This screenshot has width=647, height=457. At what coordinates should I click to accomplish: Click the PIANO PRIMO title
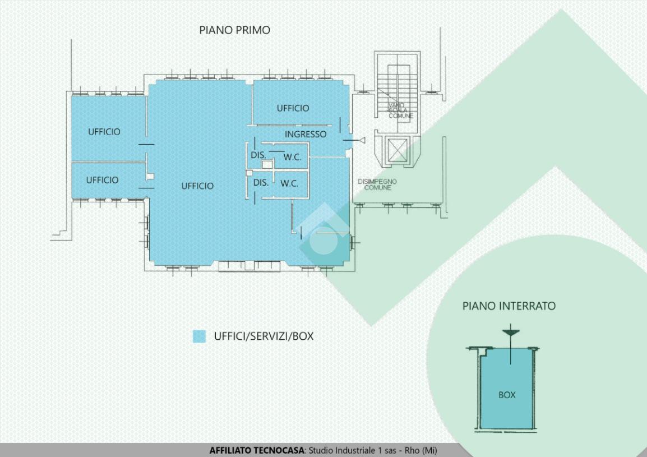click(234, 30)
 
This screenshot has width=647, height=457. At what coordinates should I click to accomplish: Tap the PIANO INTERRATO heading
click(509, 306)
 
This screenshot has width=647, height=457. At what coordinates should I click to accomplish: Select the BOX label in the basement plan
click(507, 395)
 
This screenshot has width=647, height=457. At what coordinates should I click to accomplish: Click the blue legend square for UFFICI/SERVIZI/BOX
click(199, 336)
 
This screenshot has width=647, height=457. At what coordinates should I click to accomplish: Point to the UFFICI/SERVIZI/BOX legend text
click(264, 336)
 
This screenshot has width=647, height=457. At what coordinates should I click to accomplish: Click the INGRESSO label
click(306, 135)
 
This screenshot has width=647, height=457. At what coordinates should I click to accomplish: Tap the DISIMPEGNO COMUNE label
click(377, 184)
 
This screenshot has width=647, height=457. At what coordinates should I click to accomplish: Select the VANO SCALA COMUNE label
click(401, 110)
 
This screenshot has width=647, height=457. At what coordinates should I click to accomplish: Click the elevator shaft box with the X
click(397, 150)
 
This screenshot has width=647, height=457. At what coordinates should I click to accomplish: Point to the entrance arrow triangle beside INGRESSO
click(362, 140)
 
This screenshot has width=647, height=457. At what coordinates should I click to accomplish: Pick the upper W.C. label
click(292, 158)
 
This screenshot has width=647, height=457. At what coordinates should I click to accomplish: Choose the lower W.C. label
click(289, 183)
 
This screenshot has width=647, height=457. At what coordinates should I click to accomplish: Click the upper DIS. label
click(258, 155)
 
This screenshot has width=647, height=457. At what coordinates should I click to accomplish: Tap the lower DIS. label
click(261, 183)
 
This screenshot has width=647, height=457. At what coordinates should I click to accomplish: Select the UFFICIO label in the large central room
click(197, 186)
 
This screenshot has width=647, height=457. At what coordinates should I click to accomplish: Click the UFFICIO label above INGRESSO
click(293, 108)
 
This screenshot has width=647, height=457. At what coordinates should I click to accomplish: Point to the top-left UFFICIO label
click(104, 132)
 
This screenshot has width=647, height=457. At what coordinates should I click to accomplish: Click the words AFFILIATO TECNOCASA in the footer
click(257, 450)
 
